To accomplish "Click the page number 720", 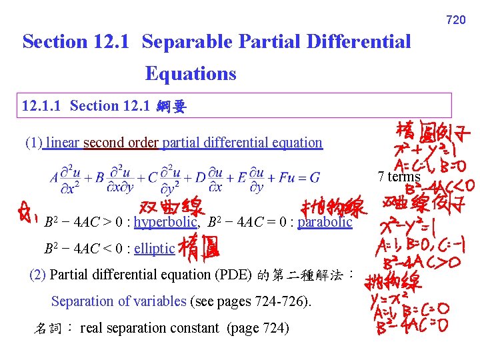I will [x=456, y=20].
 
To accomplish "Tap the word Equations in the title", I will [x=191, y=73].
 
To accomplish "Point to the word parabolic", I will [x=325, y=222].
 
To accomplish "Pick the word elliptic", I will [x=154, y=249].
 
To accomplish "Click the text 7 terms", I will [x=399, y=177].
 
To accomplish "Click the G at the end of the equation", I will [x=315, y=178].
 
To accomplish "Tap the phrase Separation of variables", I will [x=119, y=301].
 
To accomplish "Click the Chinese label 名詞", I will [x=48, y=328].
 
